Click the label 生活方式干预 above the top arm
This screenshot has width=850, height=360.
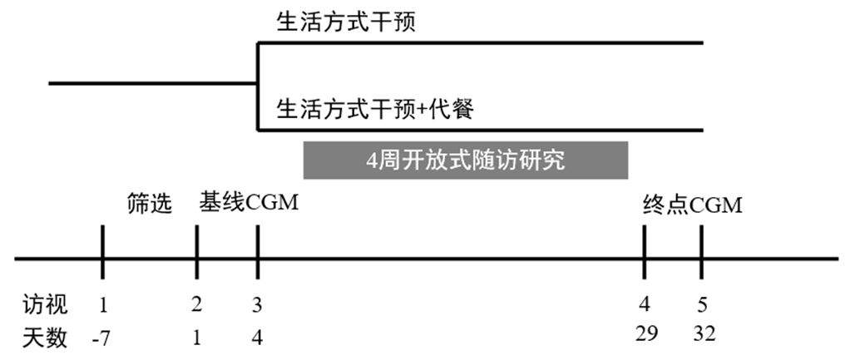tap(346, 23)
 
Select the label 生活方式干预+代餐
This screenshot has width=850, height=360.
tap(375, 109)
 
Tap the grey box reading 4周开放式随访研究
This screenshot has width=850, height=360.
tap(465, 160)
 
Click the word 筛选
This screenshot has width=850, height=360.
tap(150, 204)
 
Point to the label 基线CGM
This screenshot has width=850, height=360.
tap(249, 204)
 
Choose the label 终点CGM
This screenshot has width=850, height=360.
tap(691, 205)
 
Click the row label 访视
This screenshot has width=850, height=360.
tap(46, 304)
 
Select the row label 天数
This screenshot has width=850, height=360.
tap(46, 338)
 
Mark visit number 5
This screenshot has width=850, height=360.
tap(701, 304)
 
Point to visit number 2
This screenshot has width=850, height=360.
tap(196, 304)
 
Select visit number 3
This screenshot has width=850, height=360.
tap(257, 304)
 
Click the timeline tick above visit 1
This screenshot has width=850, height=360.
tap(102, 252)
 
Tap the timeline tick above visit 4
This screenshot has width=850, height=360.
tap(645, 252)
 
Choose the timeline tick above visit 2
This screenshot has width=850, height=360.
tap(197, 252)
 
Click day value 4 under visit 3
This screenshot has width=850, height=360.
tap(257, 338)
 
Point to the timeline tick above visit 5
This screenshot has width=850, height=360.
tap(702, 252)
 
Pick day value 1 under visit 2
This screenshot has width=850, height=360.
tap(196, 338)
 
